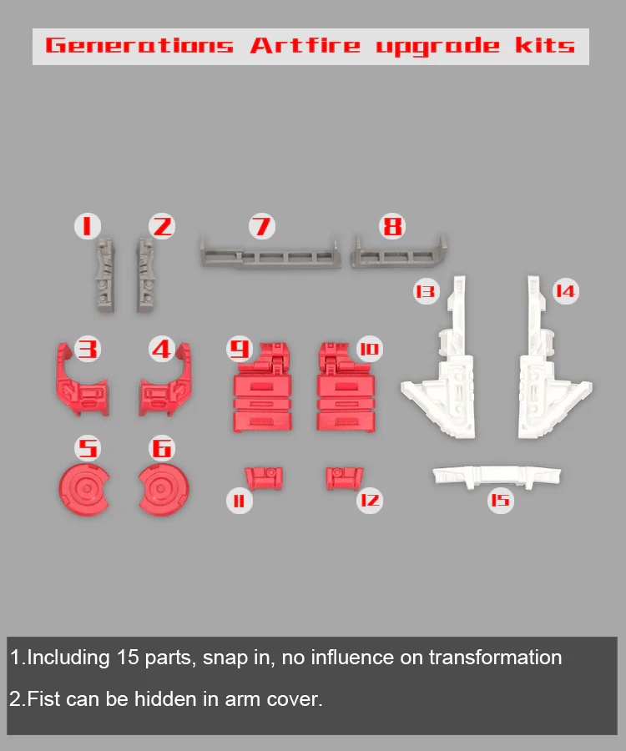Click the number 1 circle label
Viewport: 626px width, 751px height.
(87, 226)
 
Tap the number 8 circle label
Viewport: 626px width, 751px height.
(392, 226)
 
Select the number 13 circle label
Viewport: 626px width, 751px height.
(426, 291)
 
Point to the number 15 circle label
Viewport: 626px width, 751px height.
(501, 501)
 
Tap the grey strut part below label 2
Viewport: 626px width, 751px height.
(146, 275)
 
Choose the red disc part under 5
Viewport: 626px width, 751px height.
(84, 489)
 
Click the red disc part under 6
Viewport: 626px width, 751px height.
(164, 489)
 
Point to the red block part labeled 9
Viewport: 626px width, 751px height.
(262, 388)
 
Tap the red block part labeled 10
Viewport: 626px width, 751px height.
(346, 388)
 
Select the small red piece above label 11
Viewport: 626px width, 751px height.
(264, 478)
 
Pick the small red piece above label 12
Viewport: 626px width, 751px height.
(345, 478)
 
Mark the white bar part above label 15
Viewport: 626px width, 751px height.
(497, 476)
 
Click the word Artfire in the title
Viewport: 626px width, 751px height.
(305, 46)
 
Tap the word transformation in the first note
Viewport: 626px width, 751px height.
(495, 658)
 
